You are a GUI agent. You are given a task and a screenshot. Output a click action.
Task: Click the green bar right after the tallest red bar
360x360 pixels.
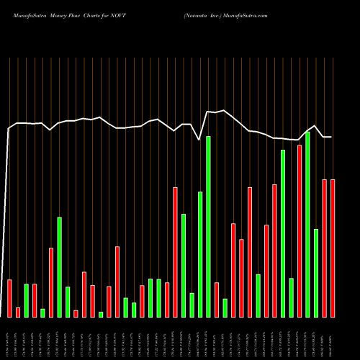coord(307,224)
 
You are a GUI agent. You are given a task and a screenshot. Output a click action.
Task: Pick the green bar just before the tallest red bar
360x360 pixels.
coord(291,297)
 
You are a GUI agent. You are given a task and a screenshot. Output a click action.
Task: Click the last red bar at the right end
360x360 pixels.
coord(333,248)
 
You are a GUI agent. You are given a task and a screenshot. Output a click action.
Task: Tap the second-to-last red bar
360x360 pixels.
coord(324,248)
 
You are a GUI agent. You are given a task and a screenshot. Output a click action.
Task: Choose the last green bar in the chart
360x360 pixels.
coord(316,273)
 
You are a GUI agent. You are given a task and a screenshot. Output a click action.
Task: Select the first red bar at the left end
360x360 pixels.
coord(9,298)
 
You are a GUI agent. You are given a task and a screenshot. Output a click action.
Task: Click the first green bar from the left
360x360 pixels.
coord(26,300)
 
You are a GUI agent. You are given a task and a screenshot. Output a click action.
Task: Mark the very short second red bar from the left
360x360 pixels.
coord(18,312)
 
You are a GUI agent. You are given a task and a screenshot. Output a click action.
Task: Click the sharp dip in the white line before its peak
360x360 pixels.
coord(199,139)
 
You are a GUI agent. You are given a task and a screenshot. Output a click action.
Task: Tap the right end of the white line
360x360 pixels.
coord(331,137)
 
